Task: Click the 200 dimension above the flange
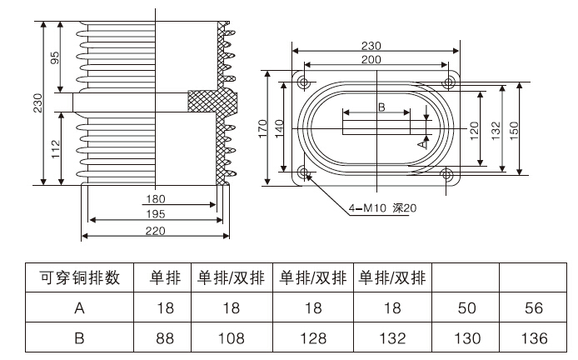377,60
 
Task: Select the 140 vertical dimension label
280,128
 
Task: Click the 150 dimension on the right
514,128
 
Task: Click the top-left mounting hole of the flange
304,83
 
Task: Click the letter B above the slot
381,107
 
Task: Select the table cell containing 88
164,337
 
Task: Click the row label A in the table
80,307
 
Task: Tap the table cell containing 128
312,337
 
